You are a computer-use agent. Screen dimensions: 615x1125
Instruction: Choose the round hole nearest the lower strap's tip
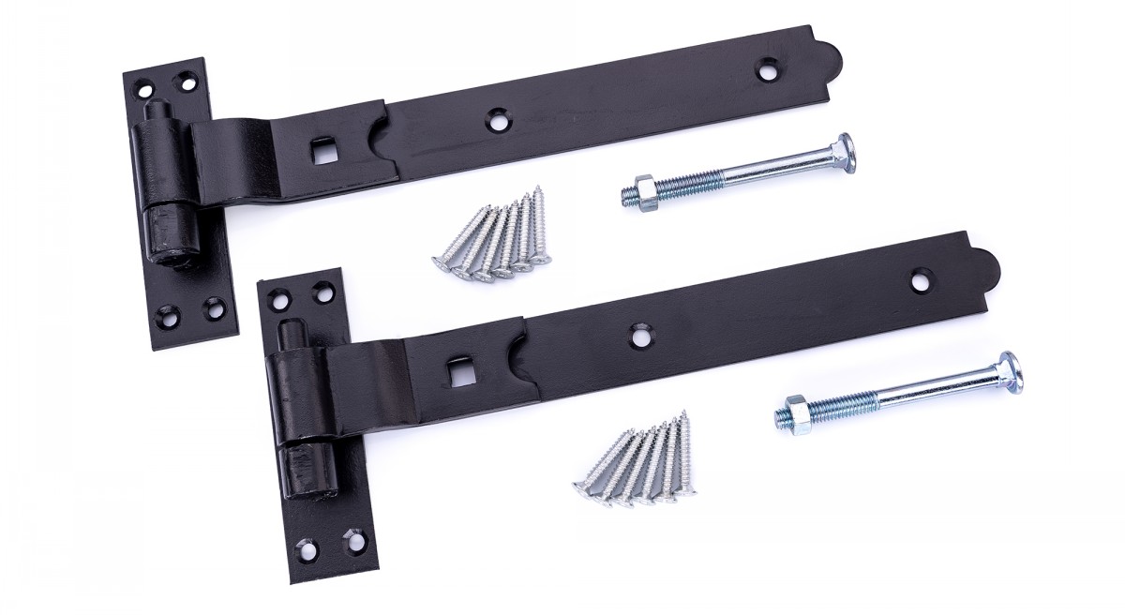[922, 279]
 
